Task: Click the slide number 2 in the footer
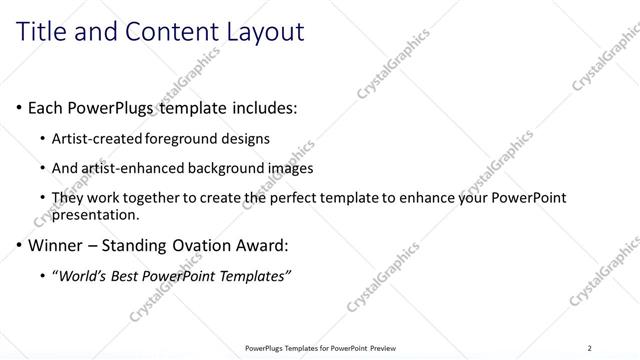[590, 348]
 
